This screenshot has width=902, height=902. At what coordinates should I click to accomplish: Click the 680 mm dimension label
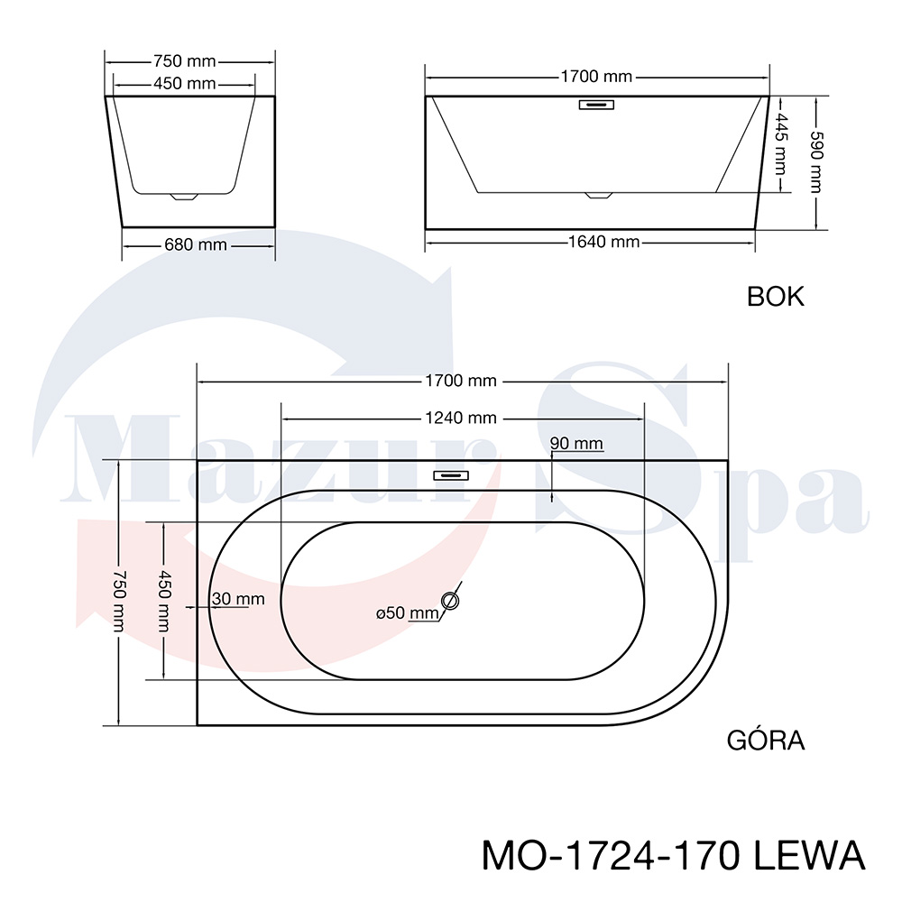(x=196, y=245)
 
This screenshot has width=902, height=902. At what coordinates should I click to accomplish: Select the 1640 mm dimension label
(x=604, y=242)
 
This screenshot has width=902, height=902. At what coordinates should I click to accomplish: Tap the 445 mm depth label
(x=780, y=143)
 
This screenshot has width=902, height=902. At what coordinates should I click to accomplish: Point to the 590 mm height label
(x=817, y=162)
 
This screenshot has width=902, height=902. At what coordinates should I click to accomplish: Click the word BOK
(x=776, y=297)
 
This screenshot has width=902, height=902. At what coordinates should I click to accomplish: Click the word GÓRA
(x=766, y=740)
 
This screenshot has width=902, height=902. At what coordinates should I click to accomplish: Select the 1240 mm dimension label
(x=461, y=418)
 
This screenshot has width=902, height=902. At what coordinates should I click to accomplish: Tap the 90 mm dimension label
(x=576, y=444)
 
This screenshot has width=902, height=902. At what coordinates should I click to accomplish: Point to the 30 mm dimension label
(x=238, y=599)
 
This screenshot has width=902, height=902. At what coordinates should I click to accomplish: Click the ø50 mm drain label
(x=408, y=613)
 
